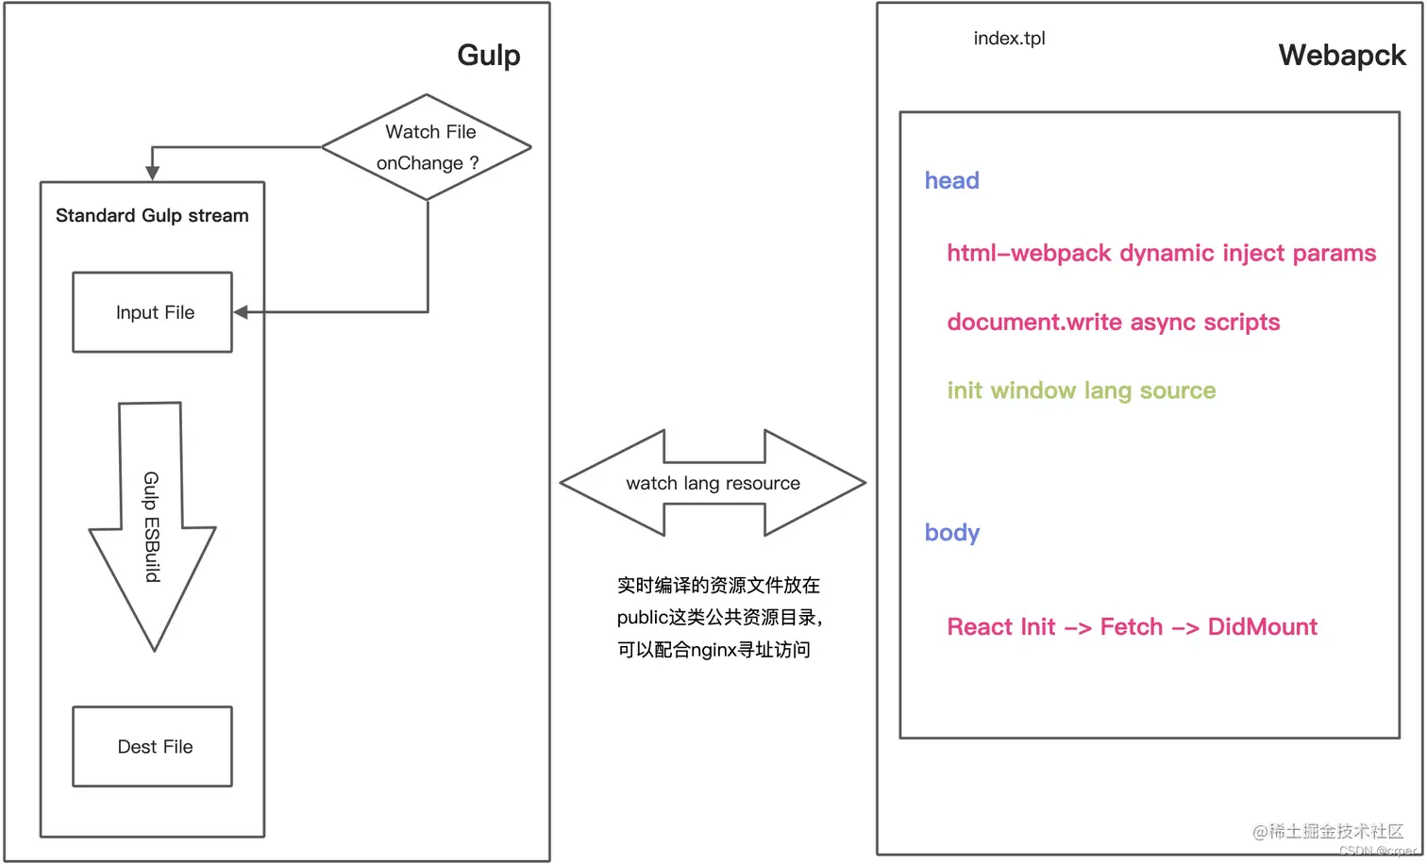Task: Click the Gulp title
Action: (x=488, y=56)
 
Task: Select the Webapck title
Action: (x=1341, y=56)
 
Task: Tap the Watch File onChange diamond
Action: (x=427, y=147)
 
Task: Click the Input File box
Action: (x=153, y=312)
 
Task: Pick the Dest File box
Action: (x=153, y=746)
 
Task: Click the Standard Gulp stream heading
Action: (x=152, y=216)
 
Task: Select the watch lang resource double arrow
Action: (x=713, y=483)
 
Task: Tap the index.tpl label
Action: (x=1009, y=39)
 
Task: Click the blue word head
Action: (x=951, y=180)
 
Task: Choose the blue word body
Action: (x=951, y=533)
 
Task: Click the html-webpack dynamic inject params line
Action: (x=1161, y=253)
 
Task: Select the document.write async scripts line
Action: (x=1113, y=323)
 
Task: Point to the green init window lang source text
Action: (x=1081, y=390)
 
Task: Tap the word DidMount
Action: (x=1262, y=627)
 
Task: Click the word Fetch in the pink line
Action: (x=1131, y=627)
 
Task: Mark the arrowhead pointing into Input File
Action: (x=241, y=312)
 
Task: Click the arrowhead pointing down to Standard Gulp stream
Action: (x=152, y=173)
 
